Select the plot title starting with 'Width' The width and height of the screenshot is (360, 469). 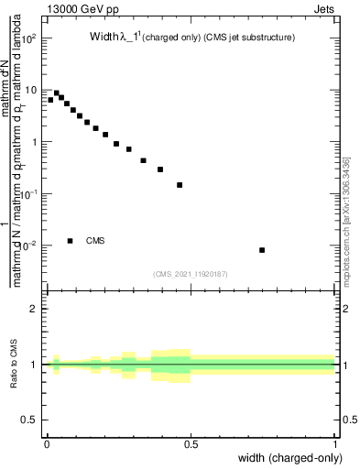tap(191, 38)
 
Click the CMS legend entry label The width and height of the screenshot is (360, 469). tap(95, 241)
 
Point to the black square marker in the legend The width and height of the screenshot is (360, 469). tap(70, 241)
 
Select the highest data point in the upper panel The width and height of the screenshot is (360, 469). tap(56, 93)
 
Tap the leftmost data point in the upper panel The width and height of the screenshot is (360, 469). tap(50, 100)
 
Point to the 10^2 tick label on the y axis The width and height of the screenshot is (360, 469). tap(30, 39)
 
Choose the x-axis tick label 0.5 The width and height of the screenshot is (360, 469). tap(191, 444)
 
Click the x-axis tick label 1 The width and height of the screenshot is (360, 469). tap(336, 444)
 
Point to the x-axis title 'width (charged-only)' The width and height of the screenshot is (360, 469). tap(290, 459)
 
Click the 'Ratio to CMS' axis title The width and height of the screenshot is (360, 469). tap(15, 365)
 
